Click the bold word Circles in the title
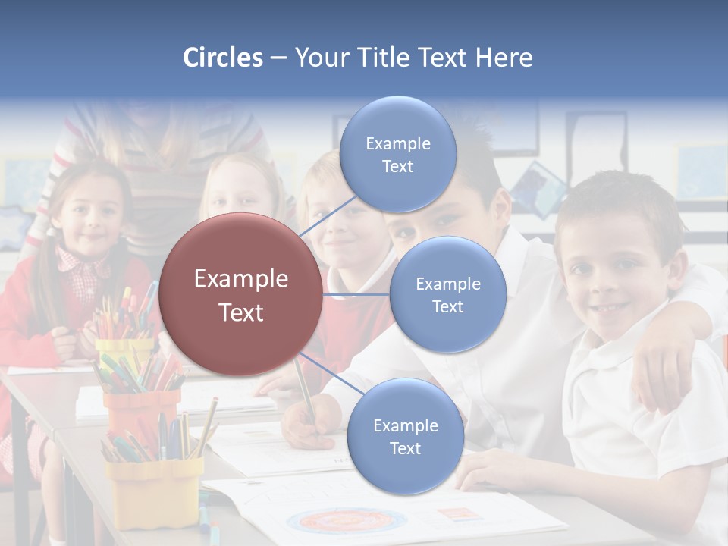click(222, 58)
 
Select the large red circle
click(241, 294)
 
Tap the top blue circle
click(397, 154)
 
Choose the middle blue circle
click(447, 294)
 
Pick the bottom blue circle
click(405, 436)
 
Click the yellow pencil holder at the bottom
click(153, 491)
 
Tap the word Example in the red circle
click(241, 279)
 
